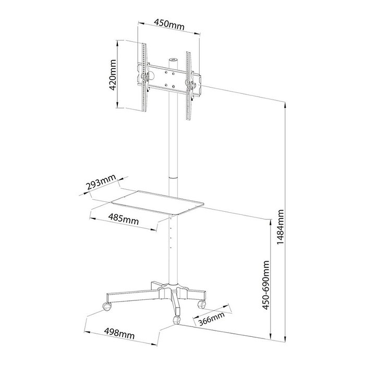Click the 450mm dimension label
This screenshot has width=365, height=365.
(169, 25)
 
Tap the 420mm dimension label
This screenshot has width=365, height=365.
(113, 75)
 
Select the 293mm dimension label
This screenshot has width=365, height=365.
(101, 182)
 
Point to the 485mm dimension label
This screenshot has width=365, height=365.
(124, 220)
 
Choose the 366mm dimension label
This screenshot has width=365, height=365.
(211, 319)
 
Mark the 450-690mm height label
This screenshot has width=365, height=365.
(266, 285)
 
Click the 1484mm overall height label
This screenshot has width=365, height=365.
(281, 227)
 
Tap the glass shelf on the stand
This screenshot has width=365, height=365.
(158, 202)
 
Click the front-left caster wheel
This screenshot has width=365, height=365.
(106, 307)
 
